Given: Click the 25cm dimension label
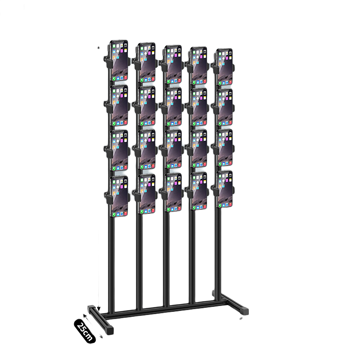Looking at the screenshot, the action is pyautogui.click(x=85, y=331).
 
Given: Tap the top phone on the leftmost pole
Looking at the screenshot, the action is pyautogui.click(x=119, y=61).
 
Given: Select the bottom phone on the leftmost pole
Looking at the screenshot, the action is pyautogui.click(x=119, y=196).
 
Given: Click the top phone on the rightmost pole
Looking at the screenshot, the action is pyautogui.click(x=225, y=67).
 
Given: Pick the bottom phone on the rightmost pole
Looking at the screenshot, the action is pyautogui.click(x=225, y=189).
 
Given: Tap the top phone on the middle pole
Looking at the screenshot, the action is pyautogui.click(x=173, y=64).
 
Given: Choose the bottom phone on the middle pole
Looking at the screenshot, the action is pyautogui.click(x=173, y=192).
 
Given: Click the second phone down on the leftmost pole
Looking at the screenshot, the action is pyautogui.click(x=119, y=106).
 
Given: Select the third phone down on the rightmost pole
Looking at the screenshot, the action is pyautogui.click(x=225, y=148).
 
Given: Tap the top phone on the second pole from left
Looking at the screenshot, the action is pyautogui.click(x=147, y=63).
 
